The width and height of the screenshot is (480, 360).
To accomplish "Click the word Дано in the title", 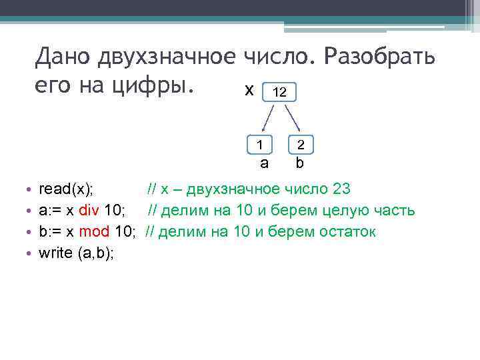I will [x=64, y=58].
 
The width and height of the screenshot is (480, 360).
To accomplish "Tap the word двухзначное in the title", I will [x=168, y=58].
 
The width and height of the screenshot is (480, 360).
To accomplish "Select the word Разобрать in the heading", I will [x=380, y=58].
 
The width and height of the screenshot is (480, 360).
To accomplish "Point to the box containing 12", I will [x=280, y=93].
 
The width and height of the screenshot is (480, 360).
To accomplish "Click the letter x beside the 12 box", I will [x=249, y=90].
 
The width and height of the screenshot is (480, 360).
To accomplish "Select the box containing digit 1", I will [x=261, y=143].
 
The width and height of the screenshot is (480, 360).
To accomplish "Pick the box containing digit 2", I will [x=301, y=143].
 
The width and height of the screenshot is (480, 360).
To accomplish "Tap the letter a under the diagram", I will [x=264, y=162].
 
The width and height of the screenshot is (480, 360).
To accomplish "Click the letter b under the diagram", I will [x=300, y=162].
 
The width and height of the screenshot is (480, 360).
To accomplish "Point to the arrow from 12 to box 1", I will [x=267, y=119].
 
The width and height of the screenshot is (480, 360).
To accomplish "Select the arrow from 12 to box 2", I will [x=293, y=119].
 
